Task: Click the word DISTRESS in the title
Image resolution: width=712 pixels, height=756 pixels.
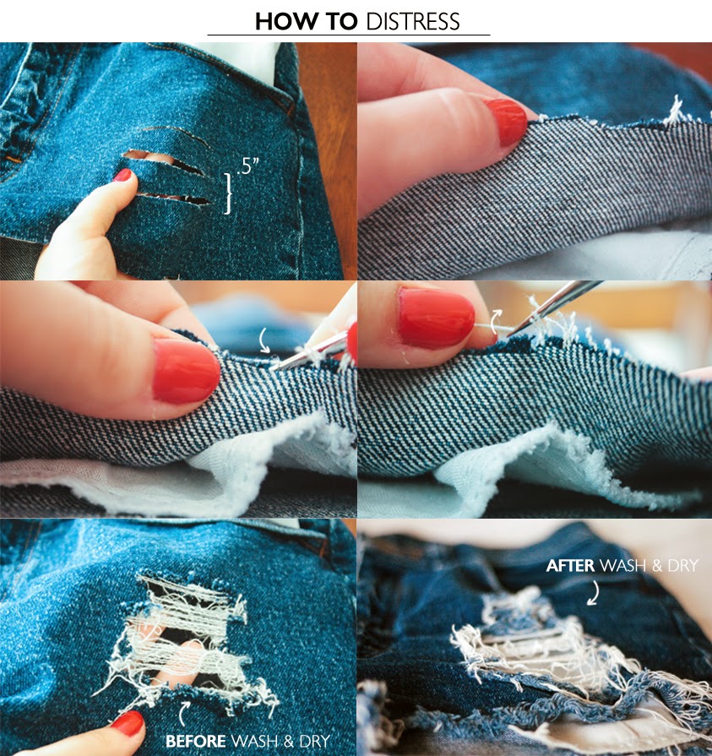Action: point(413,22)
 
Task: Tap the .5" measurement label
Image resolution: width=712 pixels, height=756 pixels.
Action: point(247,166)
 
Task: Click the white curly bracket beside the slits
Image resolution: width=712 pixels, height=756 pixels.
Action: point(227,193)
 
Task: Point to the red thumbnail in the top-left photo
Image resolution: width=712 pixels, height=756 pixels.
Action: point(123,175)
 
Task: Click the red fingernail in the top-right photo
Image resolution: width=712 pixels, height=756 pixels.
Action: point(506,121)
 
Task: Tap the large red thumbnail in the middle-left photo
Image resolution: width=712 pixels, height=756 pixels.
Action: point(186,370)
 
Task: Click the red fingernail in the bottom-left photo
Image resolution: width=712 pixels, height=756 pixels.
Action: point(128,723)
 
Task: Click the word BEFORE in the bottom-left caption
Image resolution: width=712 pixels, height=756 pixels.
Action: point(196,741)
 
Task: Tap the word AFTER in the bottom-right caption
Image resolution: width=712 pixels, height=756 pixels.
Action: point(570,565)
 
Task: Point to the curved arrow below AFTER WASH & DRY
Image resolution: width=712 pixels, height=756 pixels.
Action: point(594,592)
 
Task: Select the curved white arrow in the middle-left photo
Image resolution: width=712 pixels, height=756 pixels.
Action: point(263,340)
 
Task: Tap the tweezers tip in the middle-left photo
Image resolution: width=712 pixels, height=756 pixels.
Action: point(271,369)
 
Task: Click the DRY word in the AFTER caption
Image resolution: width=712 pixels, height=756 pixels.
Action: point(683,565)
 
